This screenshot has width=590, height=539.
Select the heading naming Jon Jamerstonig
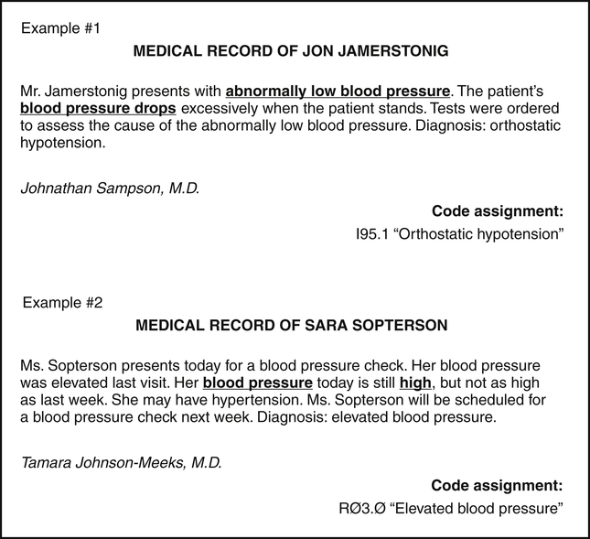(291, 53)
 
